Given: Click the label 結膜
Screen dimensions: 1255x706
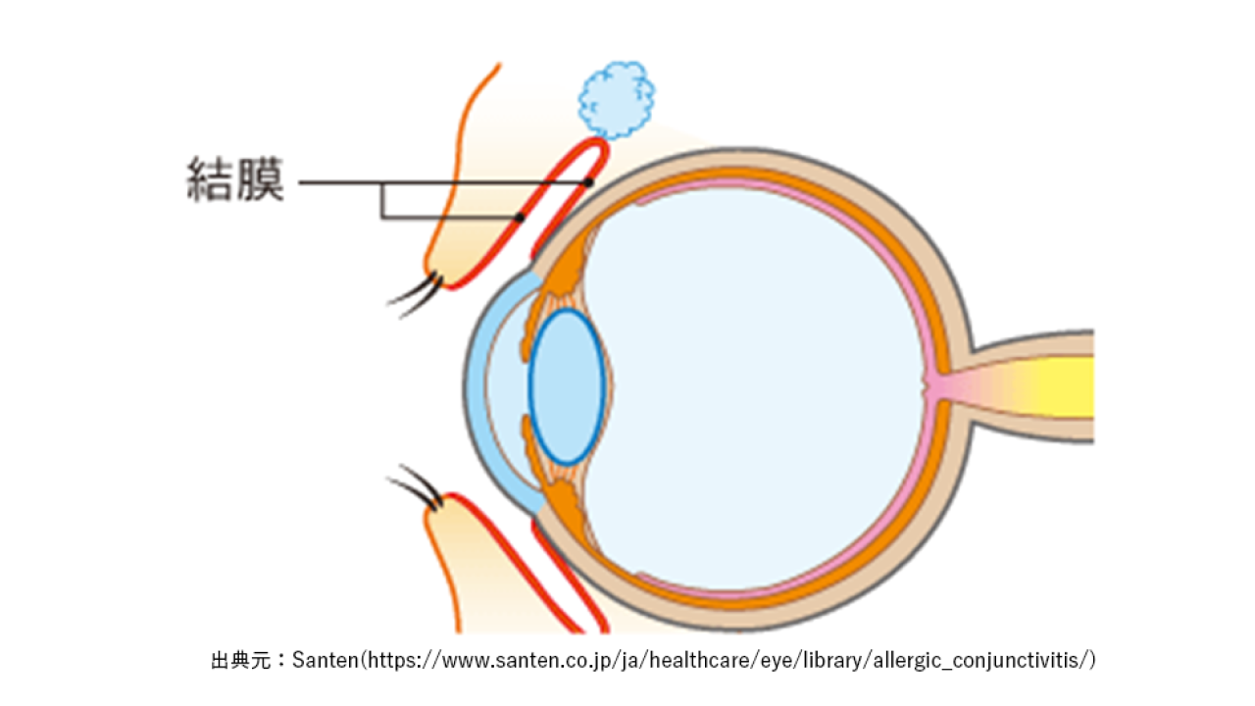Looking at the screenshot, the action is [235, 179].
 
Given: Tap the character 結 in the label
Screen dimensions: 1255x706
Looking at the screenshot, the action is [210, 179].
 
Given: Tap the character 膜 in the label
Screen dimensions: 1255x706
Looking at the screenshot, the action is [261, 179].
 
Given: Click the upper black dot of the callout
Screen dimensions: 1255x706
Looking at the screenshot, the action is [588, 182].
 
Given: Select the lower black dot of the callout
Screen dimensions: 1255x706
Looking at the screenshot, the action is [520, 218].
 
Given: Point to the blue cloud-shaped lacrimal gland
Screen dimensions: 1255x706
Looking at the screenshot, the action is [617, 100].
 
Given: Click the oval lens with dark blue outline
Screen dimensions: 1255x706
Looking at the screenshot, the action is [567, 386].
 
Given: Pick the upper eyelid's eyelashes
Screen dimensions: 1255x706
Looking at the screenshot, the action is [415, 294].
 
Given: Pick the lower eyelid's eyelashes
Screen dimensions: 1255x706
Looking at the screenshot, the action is [415, 486].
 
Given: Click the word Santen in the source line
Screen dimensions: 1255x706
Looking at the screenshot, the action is [325, 660].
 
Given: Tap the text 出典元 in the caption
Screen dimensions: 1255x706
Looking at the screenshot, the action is [241, 660].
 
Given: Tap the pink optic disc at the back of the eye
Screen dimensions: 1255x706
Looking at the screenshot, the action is [932, 386].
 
